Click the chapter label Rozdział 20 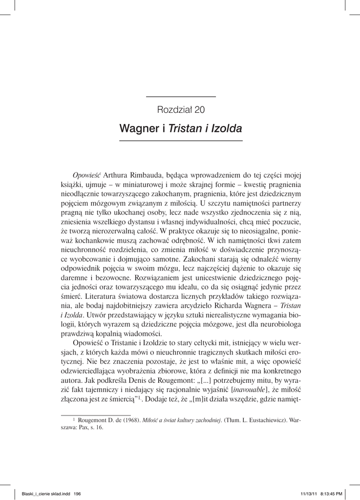tap(181, 109)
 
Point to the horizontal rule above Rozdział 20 tap(181, 97)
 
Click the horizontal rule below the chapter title tap(181, 141)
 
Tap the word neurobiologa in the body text tap(277, 324)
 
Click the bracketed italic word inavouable tap(250, 389)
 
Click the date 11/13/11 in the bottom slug tap(306, 494)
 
